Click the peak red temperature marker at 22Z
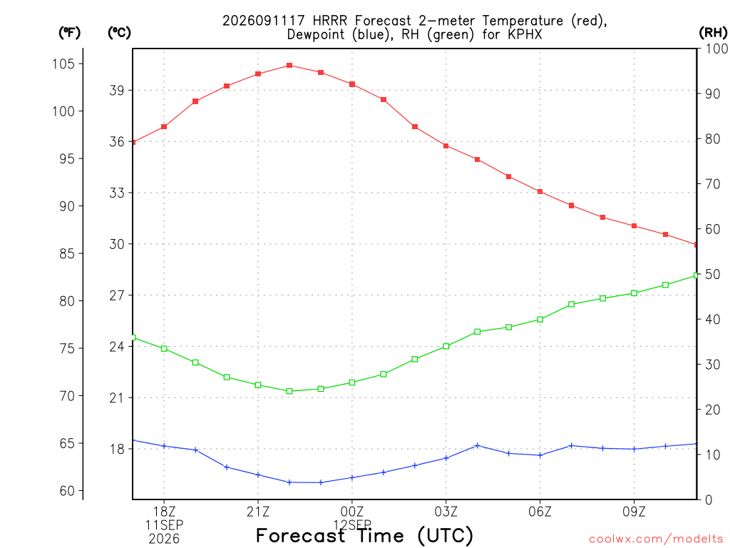click(x=289, y=65)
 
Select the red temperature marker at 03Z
click(x=446, y=146)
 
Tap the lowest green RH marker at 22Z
click(x=289, y=391)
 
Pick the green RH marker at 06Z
click(x=540, y=319)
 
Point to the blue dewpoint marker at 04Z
click(x=477, y=445)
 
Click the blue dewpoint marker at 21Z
click(x=258, y=475)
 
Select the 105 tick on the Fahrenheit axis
click(x=63, y=64)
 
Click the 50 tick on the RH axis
click(x=713, y=274)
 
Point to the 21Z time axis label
click(x=258, y=512)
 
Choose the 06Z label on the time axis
click(x=540, y=512)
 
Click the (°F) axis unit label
click(x=69, y=33)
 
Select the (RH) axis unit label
click(x=713, y=33)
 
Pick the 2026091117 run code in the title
click(x=264, y=21)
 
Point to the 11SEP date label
click(x=164, y=525)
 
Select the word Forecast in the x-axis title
click(x=301, y=535)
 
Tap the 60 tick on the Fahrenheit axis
click(x=67, y=491)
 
